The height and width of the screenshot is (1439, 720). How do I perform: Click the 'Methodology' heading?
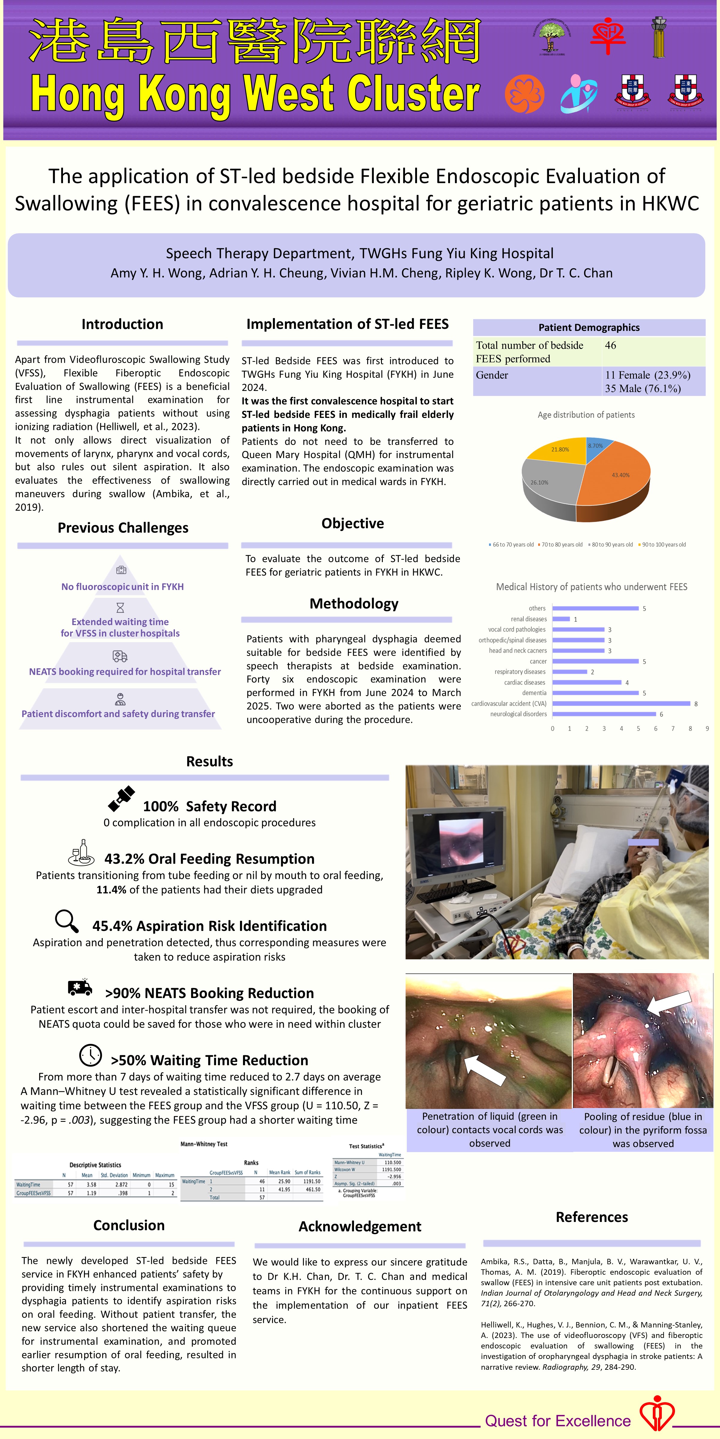pyautogui.click(x=354, y=604)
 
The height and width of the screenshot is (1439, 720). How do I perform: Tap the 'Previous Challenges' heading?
pyautogui.click(x=123, y=528)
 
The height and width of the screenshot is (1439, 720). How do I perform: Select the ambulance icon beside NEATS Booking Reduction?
pyautogui.click(x=80, y=988)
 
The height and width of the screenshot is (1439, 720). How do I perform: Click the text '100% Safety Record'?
pyautogui.click(x=210, y=806)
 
